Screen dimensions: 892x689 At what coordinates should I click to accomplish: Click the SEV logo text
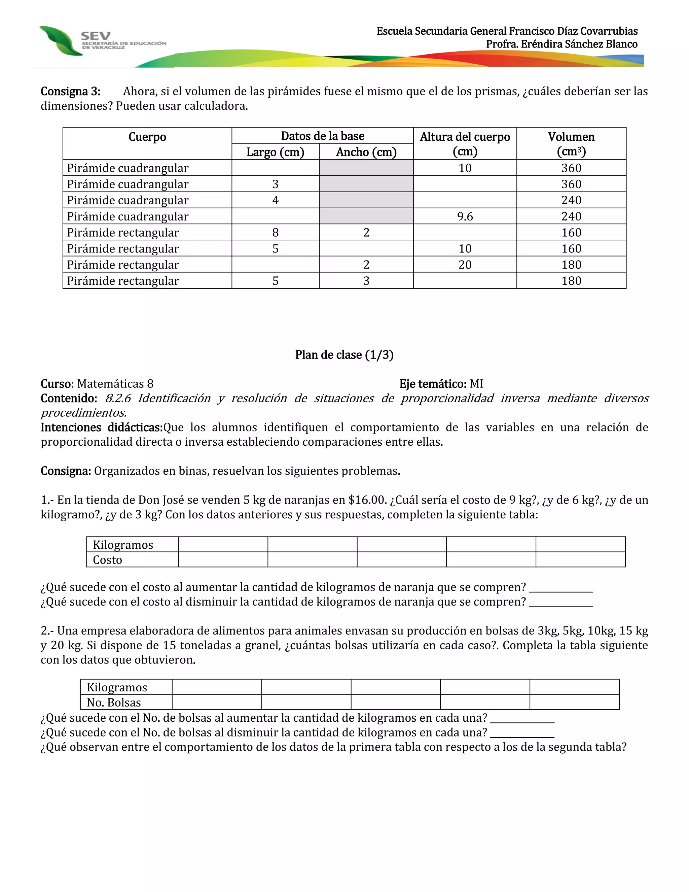tap(95, 36)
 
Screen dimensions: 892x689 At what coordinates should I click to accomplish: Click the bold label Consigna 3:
tap(70, 91)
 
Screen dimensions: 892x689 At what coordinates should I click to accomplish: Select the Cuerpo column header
tap(147, 137)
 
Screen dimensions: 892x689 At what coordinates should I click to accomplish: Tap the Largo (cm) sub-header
tap(275, 152)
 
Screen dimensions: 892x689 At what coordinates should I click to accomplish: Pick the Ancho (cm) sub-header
tap(366, 152)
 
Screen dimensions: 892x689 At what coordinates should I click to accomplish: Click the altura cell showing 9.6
tap(465, 216)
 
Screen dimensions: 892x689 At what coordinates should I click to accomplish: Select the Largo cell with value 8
tap(275, 232)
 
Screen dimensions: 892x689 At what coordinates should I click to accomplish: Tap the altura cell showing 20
tap(465, 265)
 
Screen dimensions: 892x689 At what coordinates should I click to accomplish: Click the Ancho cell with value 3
tap(366, 281)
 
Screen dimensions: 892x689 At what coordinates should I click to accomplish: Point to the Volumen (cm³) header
tap(571, 144)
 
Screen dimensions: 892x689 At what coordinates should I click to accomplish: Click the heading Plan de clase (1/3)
tap(344, 354)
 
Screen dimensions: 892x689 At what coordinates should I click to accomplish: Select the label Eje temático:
tap(432, 384)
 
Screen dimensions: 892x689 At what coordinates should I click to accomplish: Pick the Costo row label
tap(107, 560)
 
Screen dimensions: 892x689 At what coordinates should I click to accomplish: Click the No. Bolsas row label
tap(114, 702)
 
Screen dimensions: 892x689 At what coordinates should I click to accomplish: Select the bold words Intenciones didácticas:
tap(102, 427)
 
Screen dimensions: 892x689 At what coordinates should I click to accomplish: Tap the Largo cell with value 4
tap(275, 200)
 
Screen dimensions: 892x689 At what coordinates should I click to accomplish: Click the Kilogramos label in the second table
tap(117, 687)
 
